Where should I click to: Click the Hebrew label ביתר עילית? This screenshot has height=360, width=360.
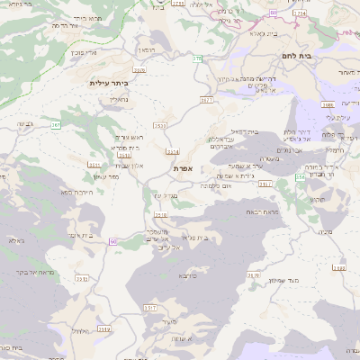coord(109,83)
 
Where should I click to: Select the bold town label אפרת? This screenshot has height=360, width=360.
coord(184,168)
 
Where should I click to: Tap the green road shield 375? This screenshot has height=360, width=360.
coord(197,58)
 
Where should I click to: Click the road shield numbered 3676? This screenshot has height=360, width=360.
coord(139,68)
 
